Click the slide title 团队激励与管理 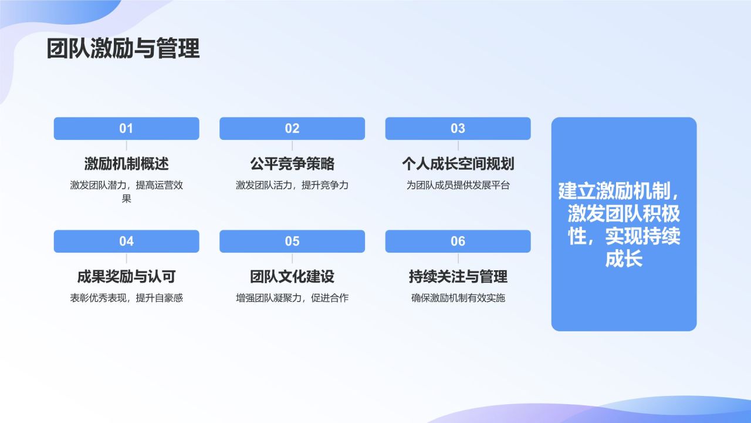123,49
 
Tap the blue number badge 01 126,129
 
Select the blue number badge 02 292,129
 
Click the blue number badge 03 458,129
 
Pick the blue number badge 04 126,241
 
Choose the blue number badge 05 292,241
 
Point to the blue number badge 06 458,241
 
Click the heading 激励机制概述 126,163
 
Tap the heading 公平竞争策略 292,163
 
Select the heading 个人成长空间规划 458,163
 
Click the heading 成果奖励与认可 126,276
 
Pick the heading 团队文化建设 292,276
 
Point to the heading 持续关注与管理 458,276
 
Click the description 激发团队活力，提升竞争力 292,185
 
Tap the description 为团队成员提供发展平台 458,185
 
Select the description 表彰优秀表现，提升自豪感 126,298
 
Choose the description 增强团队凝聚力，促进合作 292,298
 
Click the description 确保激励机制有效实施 458,298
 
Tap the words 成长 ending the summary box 624,259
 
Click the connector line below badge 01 126,146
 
